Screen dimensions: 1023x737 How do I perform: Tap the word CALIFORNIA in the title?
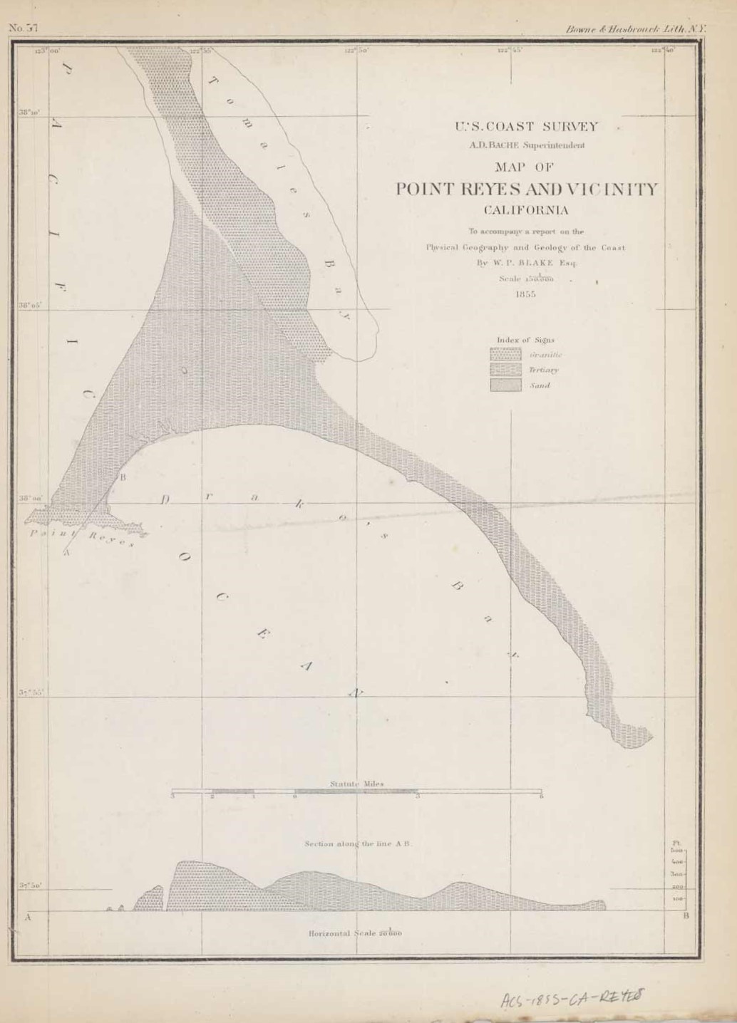(526, 210)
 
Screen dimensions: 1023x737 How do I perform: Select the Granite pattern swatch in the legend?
(505, 354)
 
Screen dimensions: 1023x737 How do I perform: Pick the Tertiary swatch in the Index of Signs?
(505, 370)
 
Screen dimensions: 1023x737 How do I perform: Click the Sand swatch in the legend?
(505, 385)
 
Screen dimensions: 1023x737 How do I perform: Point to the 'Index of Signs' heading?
(526, 340)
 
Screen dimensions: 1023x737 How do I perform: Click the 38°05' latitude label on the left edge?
(31, 306)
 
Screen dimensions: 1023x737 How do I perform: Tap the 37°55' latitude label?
(31, 692)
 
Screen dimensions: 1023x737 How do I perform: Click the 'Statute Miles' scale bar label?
(356, 784)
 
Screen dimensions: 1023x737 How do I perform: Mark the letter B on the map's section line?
(123, 477)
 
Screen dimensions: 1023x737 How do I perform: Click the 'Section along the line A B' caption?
(359, 843)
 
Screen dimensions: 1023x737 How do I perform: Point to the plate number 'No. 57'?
(23, 28)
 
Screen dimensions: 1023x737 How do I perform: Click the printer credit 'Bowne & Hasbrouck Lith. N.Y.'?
(634, 30)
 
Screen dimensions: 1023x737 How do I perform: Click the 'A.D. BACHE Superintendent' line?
(526, 145)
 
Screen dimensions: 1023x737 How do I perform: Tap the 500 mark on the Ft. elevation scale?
(677, 851)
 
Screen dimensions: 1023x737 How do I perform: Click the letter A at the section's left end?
(28, 918)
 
